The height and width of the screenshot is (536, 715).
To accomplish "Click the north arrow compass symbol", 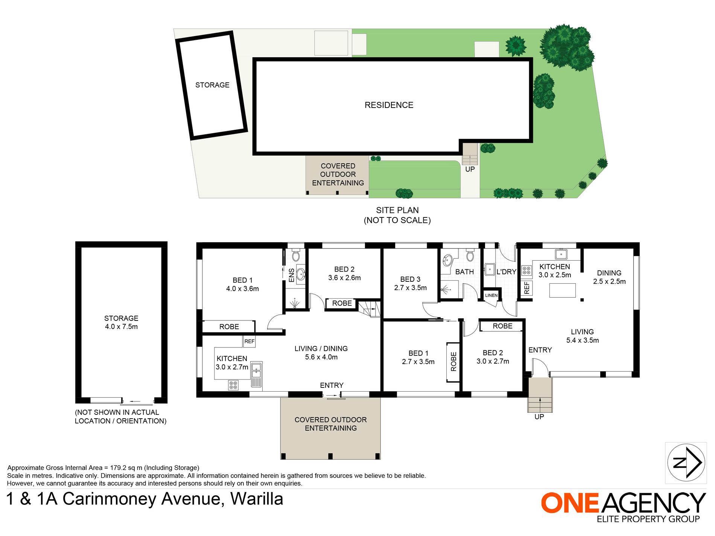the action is click(x=686, y=463).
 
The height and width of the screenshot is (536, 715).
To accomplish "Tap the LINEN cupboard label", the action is click(x=491, y=296).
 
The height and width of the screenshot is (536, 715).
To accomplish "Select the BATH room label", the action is click(x=464, y=272).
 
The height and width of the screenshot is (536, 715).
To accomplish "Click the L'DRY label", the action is click(x=506, y=272).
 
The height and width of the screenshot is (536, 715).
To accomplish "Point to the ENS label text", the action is click(x=291, y=275).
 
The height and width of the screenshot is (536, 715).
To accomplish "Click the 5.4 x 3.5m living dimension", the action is click(x=583, y=340).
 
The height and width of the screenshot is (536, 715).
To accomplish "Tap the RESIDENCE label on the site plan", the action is click(x=389, y=105).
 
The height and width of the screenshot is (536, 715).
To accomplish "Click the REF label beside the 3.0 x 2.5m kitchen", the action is click(x=526, y=288).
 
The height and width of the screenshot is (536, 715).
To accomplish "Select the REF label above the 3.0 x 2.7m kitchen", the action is click(x=249, y=342).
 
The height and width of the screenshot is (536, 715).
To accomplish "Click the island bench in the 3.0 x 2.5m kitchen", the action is click(x=562, y=290).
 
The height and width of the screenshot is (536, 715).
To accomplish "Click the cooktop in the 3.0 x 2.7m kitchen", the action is click(x=233, y=385).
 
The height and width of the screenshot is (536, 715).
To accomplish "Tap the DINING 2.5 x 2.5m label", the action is click(x=609, y=277).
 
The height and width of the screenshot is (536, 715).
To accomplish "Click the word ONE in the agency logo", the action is click(x=570, y=503).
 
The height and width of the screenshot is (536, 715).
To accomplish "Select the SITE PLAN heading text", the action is click(x=397, y=210).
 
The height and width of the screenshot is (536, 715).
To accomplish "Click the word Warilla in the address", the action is click(x=257, y=499).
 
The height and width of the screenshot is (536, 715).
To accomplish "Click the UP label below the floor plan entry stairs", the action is click(x=539, y=417).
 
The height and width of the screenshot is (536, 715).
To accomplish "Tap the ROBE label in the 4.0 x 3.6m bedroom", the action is click(x=229, y=327).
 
